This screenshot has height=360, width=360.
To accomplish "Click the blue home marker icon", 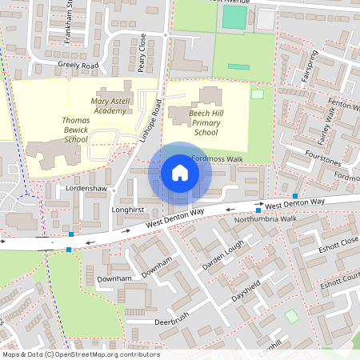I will click(180, 172).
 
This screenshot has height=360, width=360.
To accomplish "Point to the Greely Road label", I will click(78, 66).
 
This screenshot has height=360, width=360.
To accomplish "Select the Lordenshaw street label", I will click(86, 189).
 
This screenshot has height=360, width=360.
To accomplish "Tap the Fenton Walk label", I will click(343, 105).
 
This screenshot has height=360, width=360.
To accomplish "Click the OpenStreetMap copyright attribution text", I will click(80, 354).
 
